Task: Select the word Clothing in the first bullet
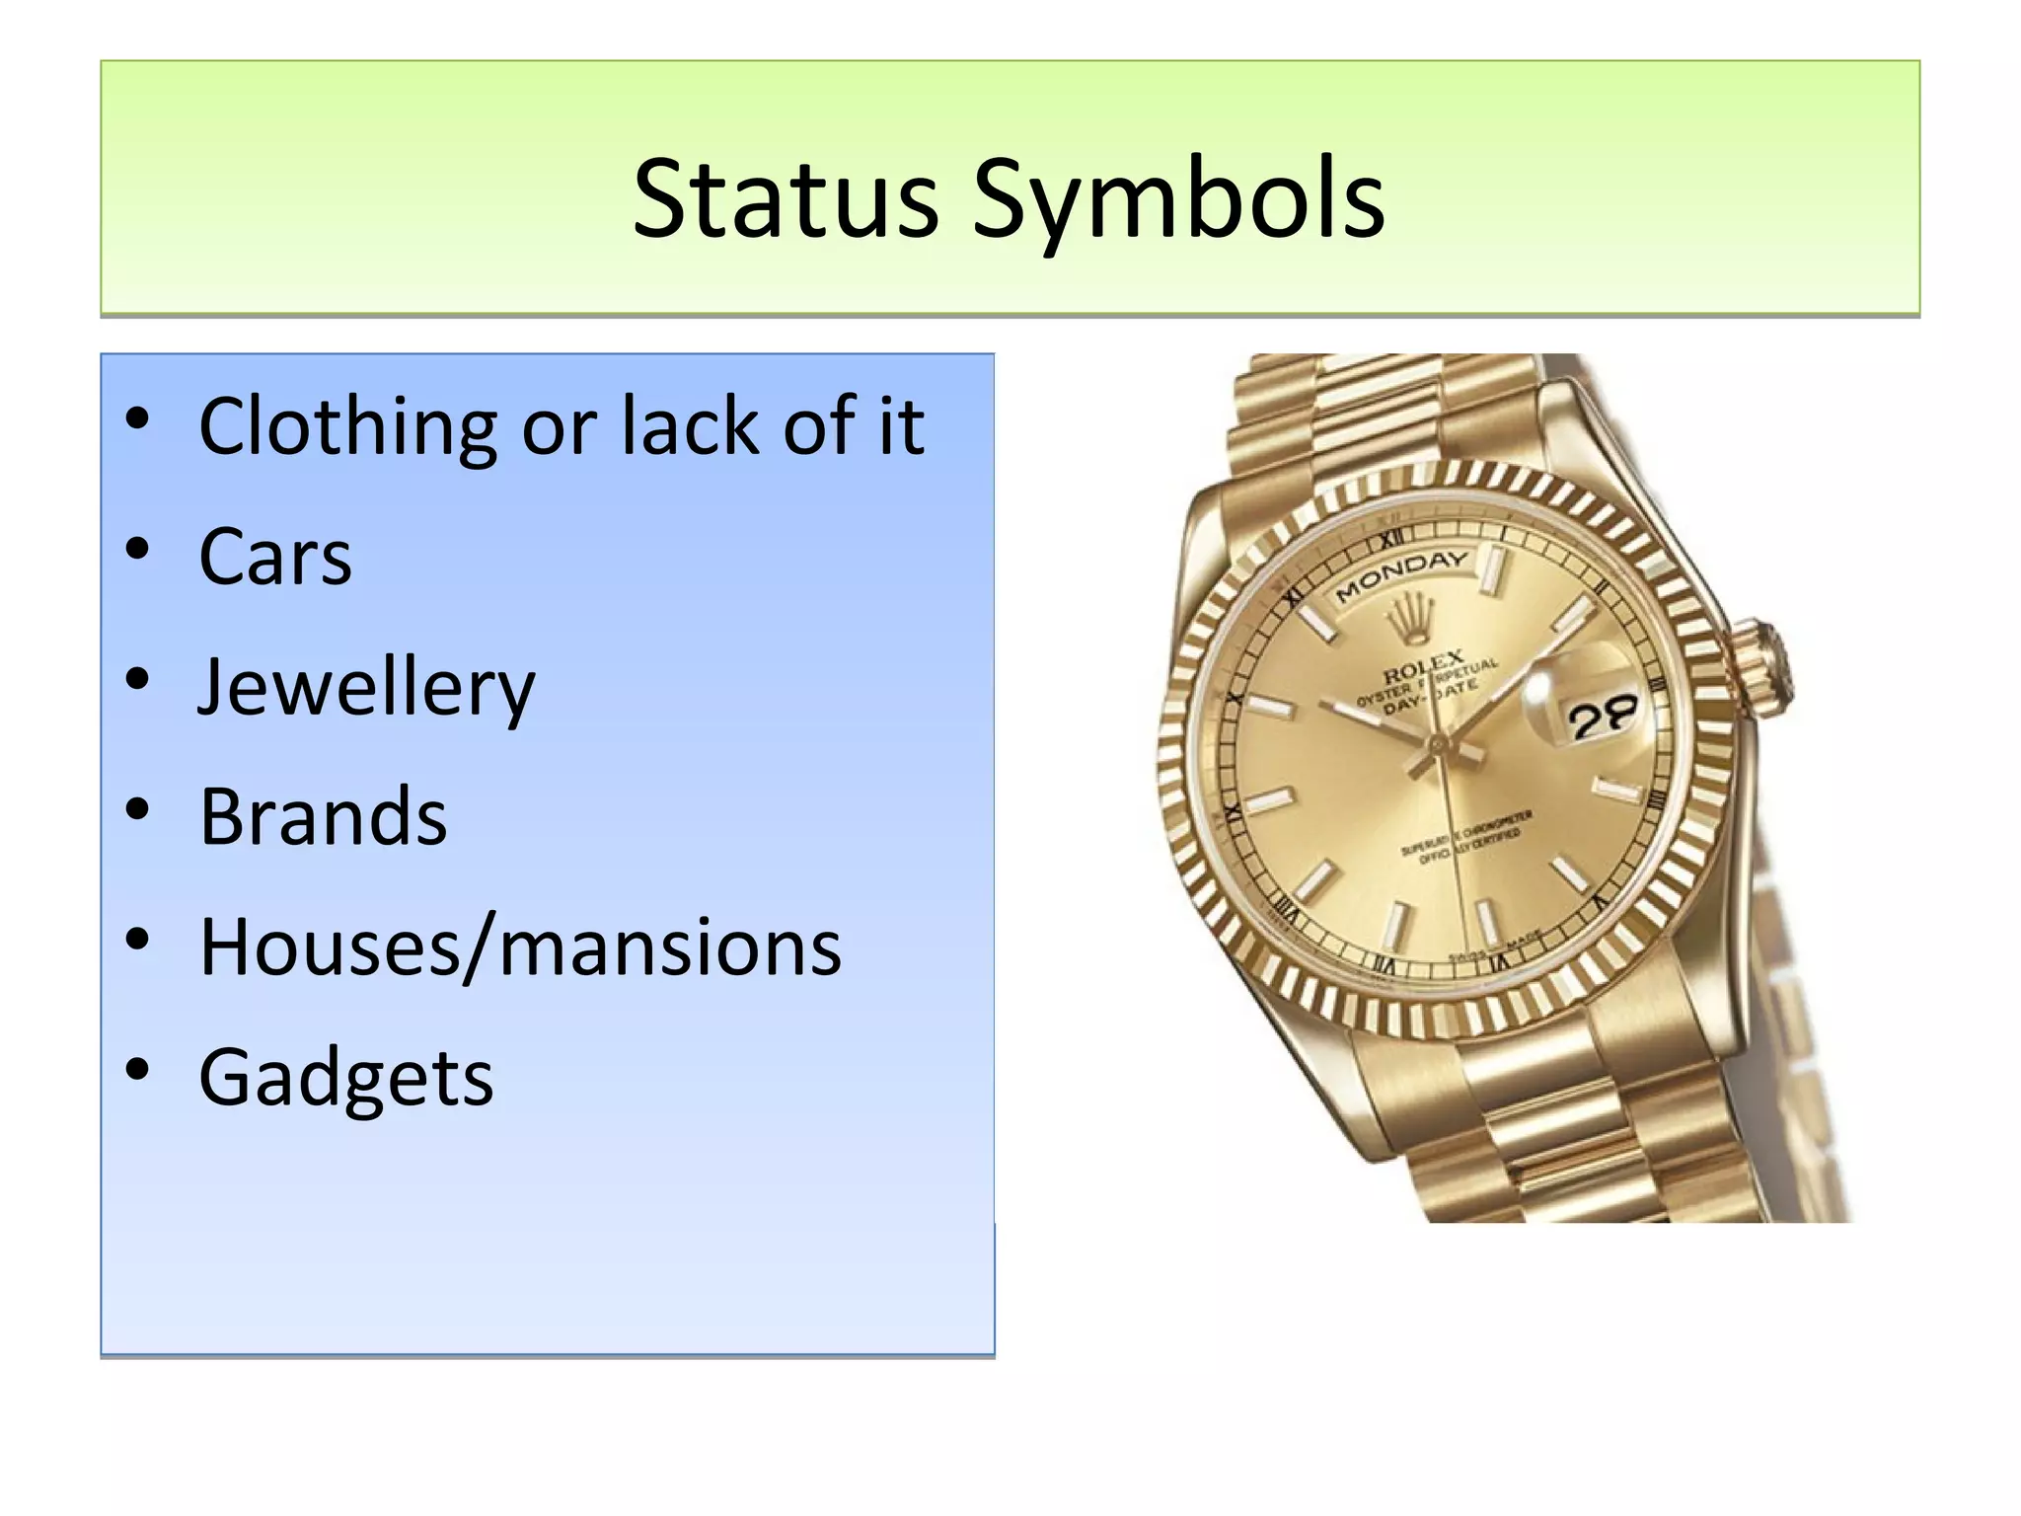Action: click(x=347, y=426)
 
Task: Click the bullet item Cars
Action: click(x=274, y=557)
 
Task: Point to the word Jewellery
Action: click(x=366, y=688)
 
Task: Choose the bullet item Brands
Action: click(x=323, y=817)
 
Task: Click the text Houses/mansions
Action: click(x=520, y=947)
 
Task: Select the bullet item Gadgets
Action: click(x=345, y=1078)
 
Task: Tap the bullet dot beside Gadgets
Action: click(x=137, y=1069)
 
